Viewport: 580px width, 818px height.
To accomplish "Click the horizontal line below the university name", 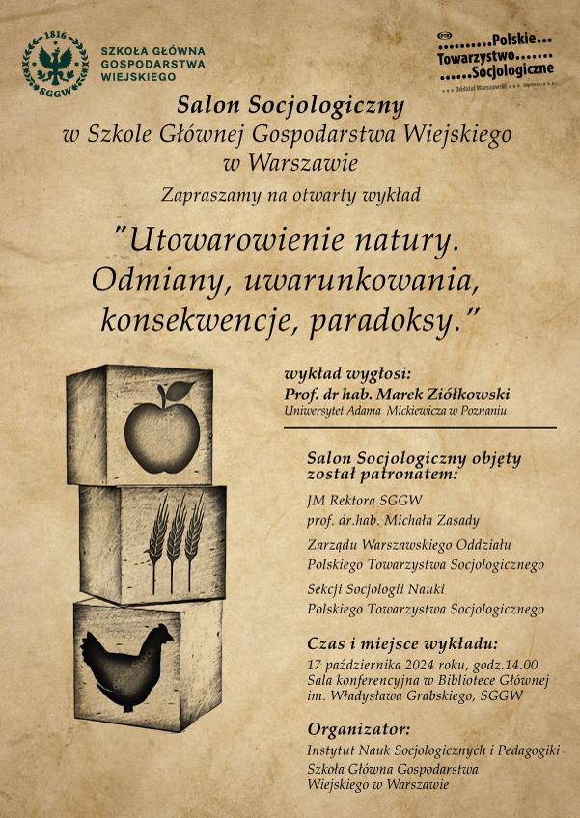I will coord(420,426).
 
